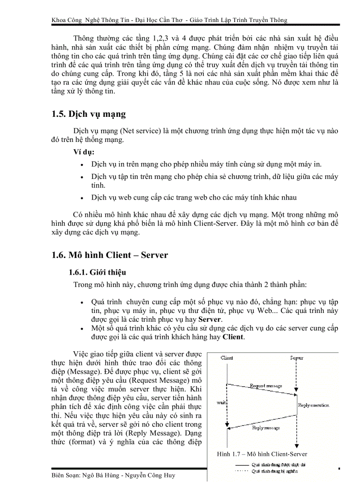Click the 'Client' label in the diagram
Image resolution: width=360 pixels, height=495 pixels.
tap(227, 357)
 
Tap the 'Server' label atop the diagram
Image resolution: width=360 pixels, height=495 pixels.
tap(296, 357)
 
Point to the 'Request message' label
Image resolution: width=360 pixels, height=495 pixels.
tap(266, 386)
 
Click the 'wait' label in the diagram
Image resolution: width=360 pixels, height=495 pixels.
tap(221, 402)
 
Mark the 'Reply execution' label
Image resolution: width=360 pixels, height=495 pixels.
tap(313, 405)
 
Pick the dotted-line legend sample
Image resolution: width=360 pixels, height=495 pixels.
tap(241, 471)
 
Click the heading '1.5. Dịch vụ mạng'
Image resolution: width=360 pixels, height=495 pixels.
tap(88, 114)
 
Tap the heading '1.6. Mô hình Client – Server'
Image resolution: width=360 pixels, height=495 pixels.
tap(109, 255)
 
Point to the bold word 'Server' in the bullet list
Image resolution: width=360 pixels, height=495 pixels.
tap(210, 319)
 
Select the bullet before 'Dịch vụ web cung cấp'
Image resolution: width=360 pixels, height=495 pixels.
tap(83, 198)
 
